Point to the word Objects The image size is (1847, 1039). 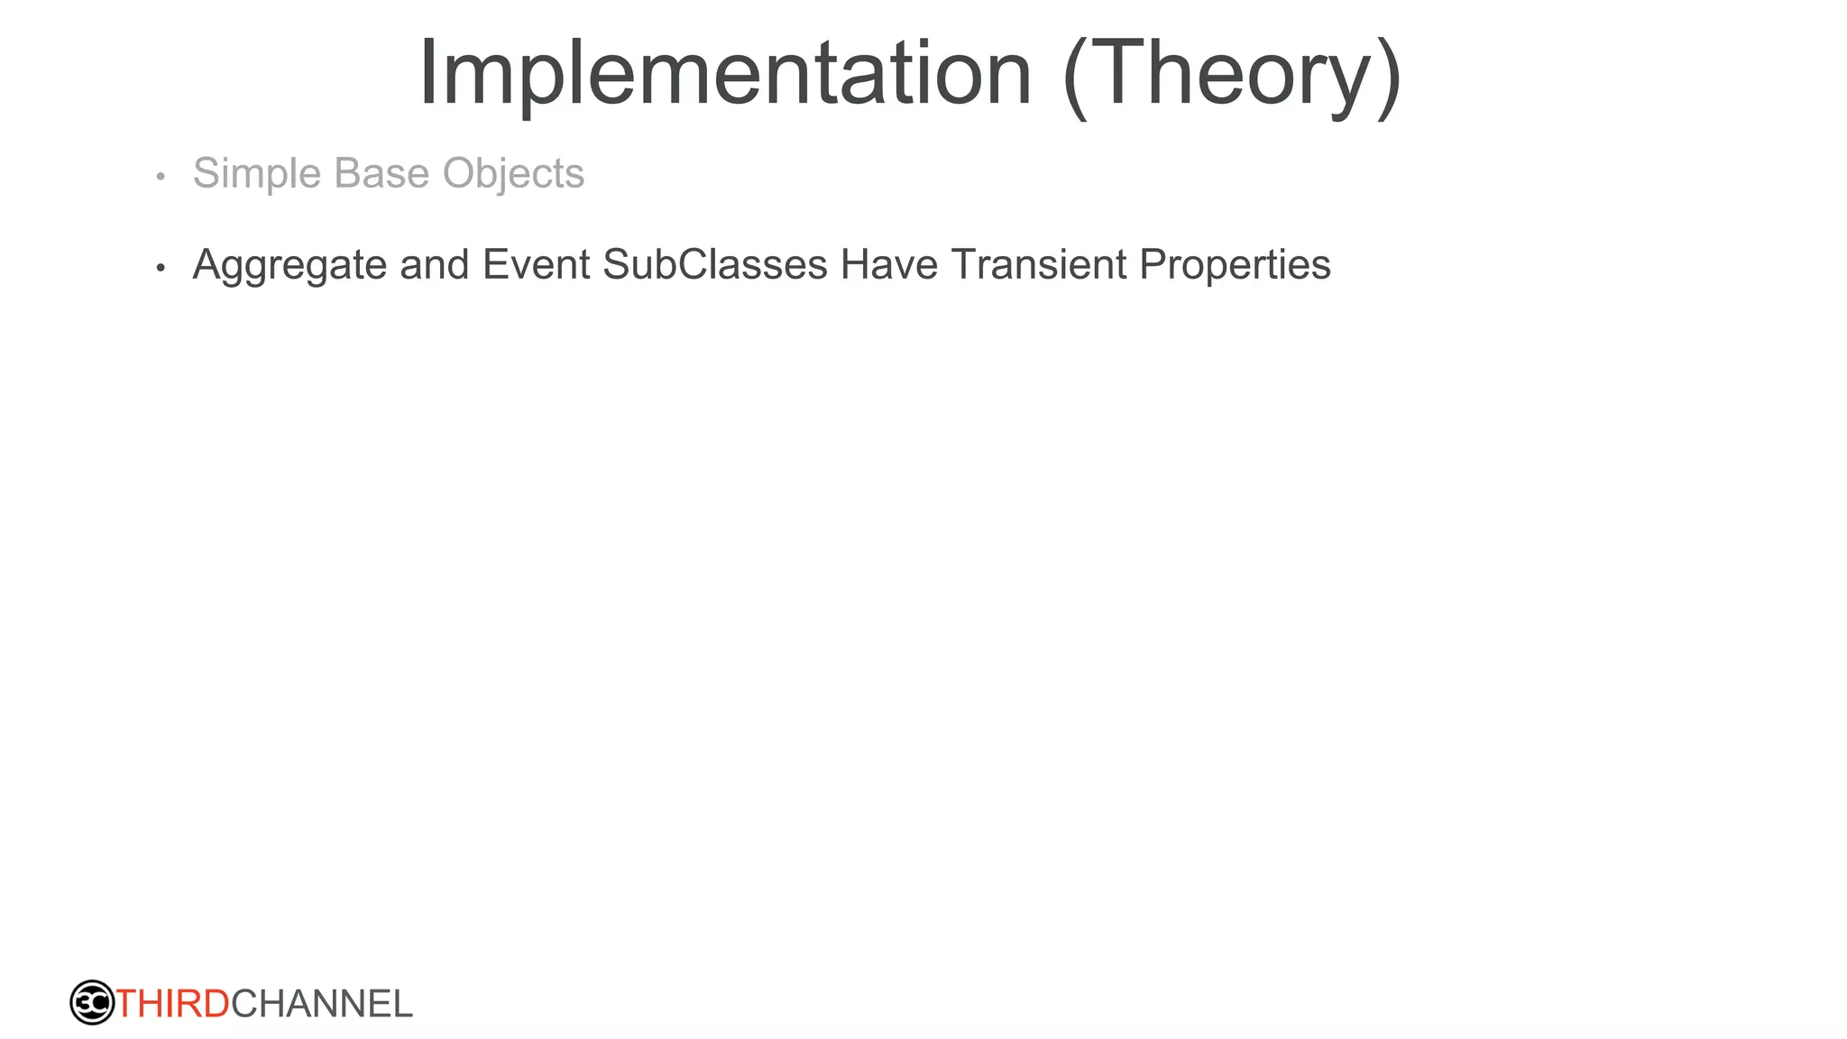(x=513, y=174)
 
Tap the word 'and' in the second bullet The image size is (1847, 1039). (x=434, y=265)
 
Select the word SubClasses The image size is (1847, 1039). (x=714, y=265)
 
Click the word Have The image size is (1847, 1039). (x=889, y=265)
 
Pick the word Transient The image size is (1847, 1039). (x=1038, y=265)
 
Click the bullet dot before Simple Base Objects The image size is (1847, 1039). (x=161, y=176)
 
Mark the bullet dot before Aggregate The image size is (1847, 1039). (x=161, y=268)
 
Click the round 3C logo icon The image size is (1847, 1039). (x=92, y=1002)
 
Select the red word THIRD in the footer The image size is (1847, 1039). (x=173, y=1004)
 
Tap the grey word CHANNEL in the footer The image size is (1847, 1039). (x=322, y=1004)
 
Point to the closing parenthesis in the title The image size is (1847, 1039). (x=1388, y=76)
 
